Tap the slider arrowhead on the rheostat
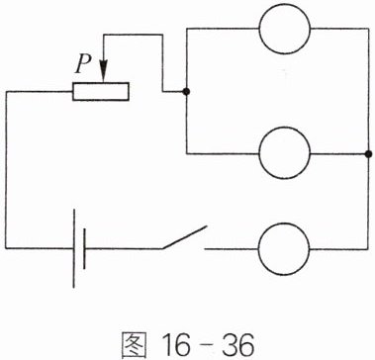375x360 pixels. tap(104, 71)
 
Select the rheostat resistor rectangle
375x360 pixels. tap(101, 91)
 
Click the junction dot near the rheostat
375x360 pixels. tap(186, 92)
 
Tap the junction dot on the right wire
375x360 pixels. tap(368, 154)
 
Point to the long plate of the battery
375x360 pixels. tap(74, 248)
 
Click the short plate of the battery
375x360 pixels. tap(84, 248)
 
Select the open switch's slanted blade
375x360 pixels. tap(184, 237)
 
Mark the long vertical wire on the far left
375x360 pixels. tap(6, 170)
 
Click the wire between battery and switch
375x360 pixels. tap(124, 248)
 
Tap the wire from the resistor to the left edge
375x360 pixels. tap(40, 91)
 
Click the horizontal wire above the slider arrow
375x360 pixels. tap(133, 35)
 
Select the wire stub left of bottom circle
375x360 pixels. tap(232, 249)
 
